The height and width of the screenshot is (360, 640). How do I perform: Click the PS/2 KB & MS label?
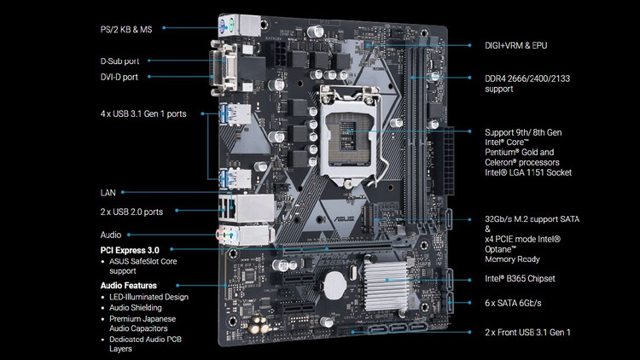coord(126,29)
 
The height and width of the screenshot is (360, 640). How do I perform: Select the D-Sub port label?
coord(119,61)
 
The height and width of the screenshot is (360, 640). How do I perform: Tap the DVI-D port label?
coord(119,77)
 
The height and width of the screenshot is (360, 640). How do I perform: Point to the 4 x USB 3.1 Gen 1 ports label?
coord(143,113)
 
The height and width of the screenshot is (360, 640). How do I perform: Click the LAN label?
coord(108,193)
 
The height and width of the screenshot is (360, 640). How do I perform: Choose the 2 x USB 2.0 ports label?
coord(131,212)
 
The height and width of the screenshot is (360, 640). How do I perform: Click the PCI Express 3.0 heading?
coord(130,250)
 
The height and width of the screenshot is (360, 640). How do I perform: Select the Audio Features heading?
coord(129,285)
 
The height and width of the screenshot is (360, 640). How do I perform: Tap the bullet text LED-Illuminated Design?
coord(149,297)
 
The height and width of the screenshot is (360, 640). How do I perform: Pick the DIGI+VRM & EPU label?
coord(516,46)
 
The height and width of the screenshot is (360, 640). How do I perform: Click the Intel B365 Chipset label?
coord(520,279)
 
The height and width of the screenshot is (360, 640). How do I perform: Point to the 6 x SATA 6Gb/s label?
coord(513,303)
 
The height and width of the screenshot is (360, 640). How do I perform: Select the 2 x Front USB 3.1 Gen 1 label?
coord(527,333)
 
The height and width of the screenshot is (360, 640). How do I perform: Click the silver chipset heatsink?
coord(386,285)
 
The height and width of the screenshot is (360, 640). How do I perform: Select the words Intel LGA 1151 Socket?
coord(528,172)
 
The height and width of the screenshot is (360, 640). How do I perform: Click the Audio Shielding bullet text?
coord(136,308)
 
